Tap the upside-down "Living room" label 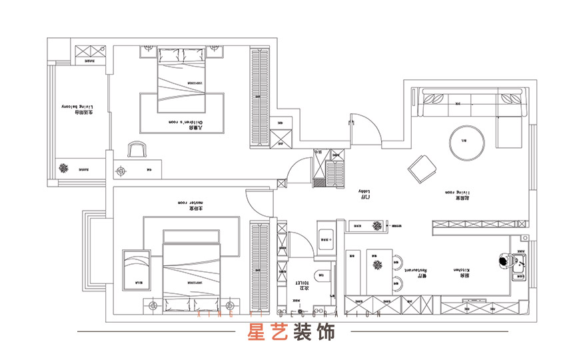[458, 193]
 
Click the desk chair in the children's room [136, 149]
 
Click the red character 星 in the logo [257, 331]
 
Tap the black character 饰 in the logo [326, 331]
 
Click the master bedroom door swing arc [259, 201]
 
